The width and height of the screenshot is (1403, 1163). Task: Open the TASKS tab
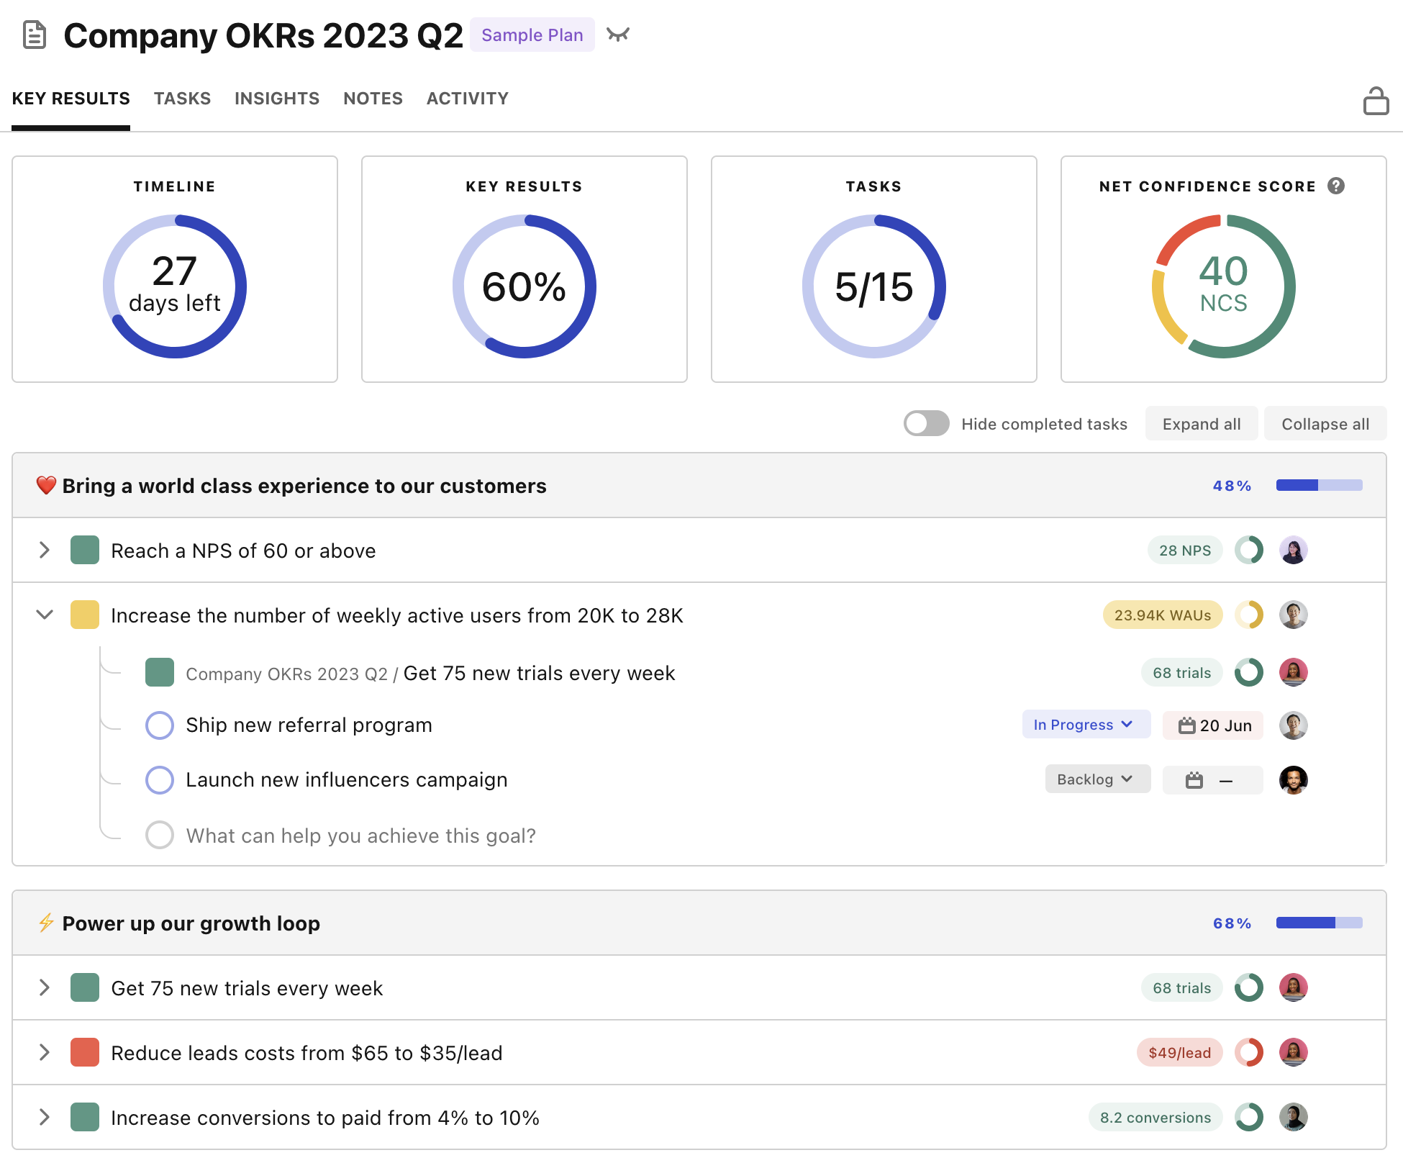(x=182, y=99)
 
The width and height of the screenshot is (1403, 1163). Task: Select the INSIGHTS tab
(x=276, y=99)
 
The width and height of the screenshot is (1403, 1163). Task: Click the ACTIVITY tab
(x=467, y=99)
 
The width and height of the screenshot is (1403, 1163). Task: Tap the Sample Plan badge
(x=532, y=35)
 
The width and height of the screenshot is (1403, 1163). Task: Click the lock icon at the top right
(x=1375, y=101)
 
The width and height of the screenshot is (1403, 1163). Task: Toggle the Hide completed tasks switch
(x=926, y=423)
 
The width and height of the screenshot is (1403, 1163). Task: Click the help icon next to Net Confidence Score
(x=1336, y=186)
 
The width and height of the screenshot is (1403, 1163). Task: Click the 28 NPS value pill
(x=1184, y=551)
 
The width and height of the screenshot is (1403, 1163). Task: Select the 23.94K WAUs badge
(x=1162, y=615)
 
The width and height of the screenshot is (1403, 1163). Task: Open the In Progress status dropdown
(x=1085, y=725)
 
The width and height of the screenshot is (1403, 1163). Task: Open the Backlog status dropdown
(x=1096, y=779)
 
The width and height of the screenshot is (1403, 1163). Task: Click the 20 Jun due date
(x=1214, y=725)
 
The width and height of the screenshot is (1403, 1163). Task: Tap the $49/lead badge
(x=1179, y=1053)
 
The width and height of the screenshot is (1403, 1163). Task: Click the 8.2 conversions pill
(x=1155, y=1118)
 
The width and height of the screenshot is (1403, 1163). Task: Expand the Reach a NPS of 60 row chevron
(x=45, y=551)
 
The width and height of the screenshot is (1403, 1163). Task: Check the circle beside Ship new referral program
(x=160, y=725)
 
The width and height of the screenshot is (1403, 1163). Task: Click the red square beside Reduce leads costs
(x=85, y=1053)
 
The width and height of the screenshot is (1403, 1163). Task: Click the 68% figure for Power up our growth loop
(x=1232, y=923)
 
